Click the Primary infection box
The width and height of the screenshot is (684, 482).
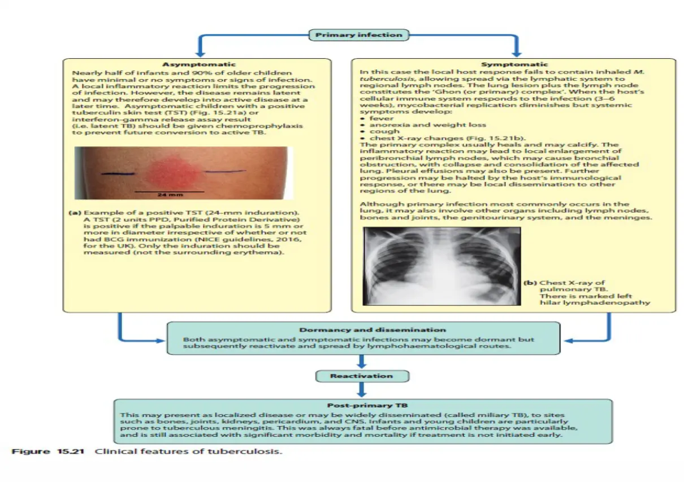pyautogui.click(x=358, y=35)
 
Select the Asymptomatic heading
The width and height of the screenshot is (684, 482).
pyautogui.click(x=199, y=65)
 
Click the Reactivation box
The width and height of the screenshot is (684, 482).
pyautogui.click(x=361, y=376)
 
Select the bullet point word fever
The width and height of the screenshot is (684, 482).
pyautogui.click(x=382, y=118)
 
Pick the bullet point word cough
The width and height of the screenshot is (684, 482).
pyautogui.click(x=384, y=132)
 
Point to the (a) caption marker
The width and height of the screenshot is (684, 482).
pyautogui.click(x=75, y=213)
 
